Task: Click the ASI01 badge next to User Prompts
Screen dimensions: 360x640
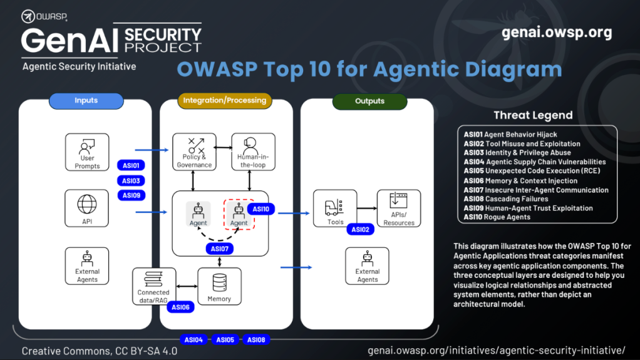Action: (131, 165)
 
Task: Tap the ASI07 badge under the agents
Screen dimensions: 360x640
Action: (219, 249)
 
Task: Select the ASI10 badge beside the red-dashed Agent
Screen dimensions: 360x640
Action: (261, 209)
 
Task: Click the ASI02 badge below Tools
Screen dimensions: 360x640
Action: (360, 230)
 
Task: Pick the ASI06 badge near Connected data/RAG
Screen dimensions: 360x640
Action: (180, 307)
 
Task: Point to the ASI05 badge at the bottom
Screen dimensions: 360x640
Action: (225, 340)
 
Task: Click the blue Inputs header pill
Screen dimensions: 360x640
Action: (86, 101)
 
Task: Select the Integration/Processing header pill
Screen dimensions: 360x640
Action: (225, 100)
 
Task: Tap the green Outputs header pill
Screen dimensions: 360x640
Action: (369, 101)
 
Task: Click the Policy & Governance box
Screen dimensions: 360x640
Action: (194, 152)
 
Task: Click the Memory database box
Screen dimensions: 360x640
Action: (219, 286)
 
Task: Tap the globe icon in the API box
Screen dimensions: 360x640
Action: (87, 204)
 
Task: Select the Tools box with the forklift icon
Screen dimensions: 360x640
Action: (335, 209)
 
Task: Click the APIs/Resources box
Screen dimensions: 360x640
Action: (399, 209)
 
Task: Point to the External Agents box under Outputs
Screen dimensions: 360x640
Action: (367, 266)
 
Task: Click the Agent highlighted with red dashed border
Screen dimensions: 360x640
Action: (239, 213)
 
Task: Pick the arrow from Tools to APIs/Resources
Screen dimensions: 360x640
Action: (366, 208)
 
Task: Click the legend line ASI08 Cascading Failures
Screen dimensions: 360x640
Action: (505, 199)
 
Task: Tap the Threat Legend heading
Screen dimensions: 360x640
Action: (533, 115)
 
